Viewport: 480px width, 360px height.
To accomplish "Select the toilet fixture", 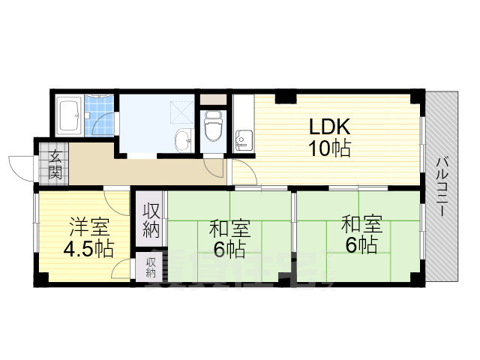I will pyautogui.click(x=213, y=126).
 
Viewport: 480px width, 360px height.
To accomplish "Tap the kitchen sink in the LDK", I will pyautogui.click(x=243, y=138).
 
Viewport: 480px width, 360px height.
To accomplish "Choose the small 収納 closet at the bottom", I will pyautogui.click(x=151, y=267).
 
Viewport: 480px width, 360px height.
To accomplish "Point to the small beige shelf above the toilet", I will pyautogui.click(x=214, y=99).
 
